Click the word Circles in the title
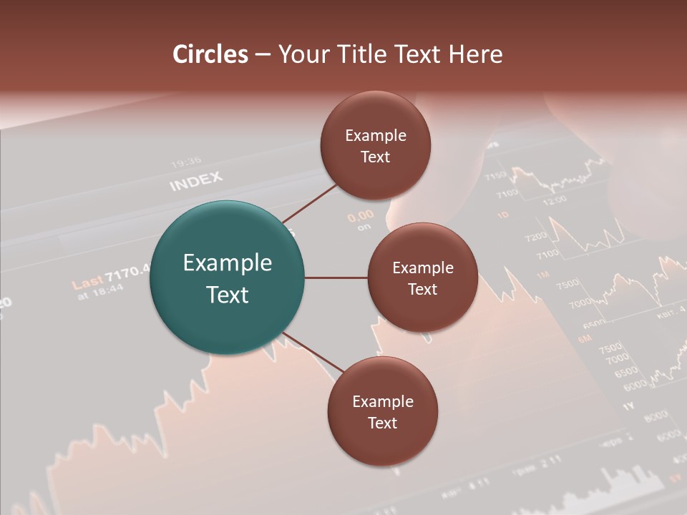click(x=210, y=54)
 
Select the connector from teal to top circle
click(x=309, y=203)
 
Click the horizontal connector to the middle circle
click(x=336, y=278)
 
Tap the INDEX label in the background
click(x=196, y=181)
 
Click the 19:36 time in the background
click(x=186, y=162)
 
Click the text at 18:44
click(x=101, y=290)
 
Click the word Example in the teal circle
click(x=228, y=263)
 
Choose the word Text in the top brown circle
click(x=375, y=157)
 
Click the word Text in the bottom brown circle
click(x=382, y=423)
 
